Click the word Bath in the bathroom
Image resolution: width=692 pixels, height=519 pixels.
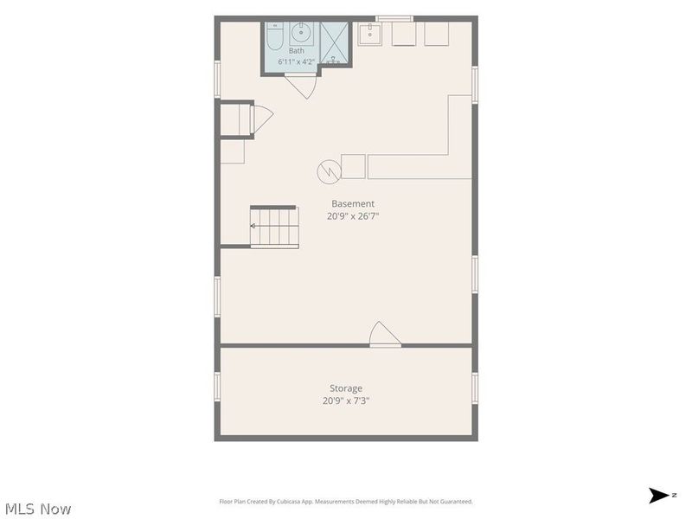(x=296, y=51)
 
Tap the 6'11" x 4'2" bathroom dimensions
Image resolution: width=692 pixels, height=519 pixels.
(x=296, y=61)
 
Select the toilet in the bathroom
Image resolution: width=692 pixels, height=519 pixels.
(x=274, y=36)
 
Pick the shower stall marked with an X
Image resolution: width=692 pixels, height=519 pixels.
(x=335, y=43)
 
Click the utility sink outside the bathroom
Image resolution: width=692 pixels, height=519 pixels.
(x=369, y=34)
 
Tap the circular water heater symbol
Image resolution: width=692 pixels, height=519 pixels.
(x=329, y=171)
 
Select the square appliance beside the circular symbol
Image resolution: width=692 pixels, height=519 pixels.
(x=353, y=166)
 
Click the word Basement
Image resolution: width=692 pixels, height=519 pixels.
(x=353, y=203)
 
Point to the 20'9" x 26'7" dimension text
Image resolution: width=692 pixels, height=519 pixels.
(x=353, y=216)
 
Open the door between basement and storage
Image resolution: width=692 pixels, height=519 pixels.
(x=385, y=335)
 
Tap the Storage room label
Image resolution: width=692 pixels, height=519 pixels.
(x=346, y=388)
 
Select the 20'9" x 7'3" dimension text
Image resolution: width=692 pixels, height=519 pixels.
(x=346, y=400)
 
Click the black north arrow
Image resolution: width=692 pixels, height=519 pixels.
(x=658, y=495)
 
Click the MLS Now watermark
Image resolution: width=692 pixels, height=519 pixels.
(x=38, y=509)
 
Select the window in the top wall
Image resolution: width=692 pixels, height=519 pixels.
(x=394, y=18)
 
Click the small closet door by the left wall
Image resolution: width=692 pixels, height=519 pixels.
(x=262, y=119)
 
